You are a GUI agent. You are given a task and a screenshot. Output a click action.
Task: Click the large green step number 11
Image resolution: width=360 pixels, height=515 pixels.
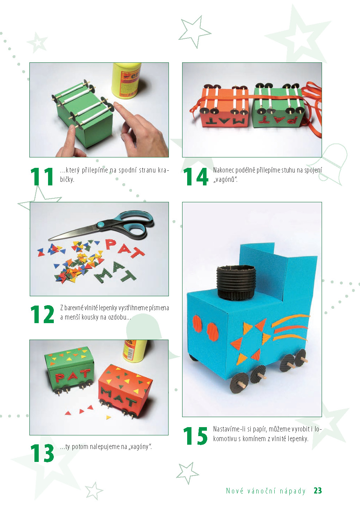tap(42, 176)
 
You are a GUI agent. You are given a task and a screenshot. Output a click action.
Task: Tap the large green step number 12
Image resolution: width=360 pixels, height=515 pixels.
tap(42, 314)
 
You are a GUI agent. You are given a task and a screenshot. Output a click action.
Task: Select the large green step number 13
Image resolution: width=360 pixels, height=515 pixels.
tap(42, 453)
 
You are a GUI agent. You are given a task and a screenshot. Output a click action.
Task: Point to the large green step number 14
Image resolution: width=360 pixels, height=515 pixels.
tap(196, 176)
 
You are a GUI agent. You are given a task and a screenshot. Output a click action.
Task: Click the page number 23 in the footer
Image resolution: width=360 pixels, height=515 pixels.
tap(318, 491)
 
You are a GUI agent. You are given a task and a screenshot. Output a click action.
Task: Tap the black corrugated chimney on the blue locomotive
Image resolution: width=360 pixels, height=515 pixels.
tap(236, 282)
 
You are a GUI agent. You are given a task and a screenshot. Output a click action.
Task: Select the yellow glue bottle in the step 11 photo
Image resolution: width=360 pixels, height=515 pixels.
tap(127, 80)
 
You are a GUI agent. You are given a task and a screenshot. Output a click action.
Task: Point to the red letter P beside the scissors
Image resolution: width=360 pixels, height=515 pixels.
tap(110, 244)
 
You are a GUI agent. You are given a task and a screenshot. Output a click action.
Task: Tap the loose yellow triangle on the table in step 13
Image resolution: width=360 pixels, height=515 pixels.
tap(109, 417)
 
